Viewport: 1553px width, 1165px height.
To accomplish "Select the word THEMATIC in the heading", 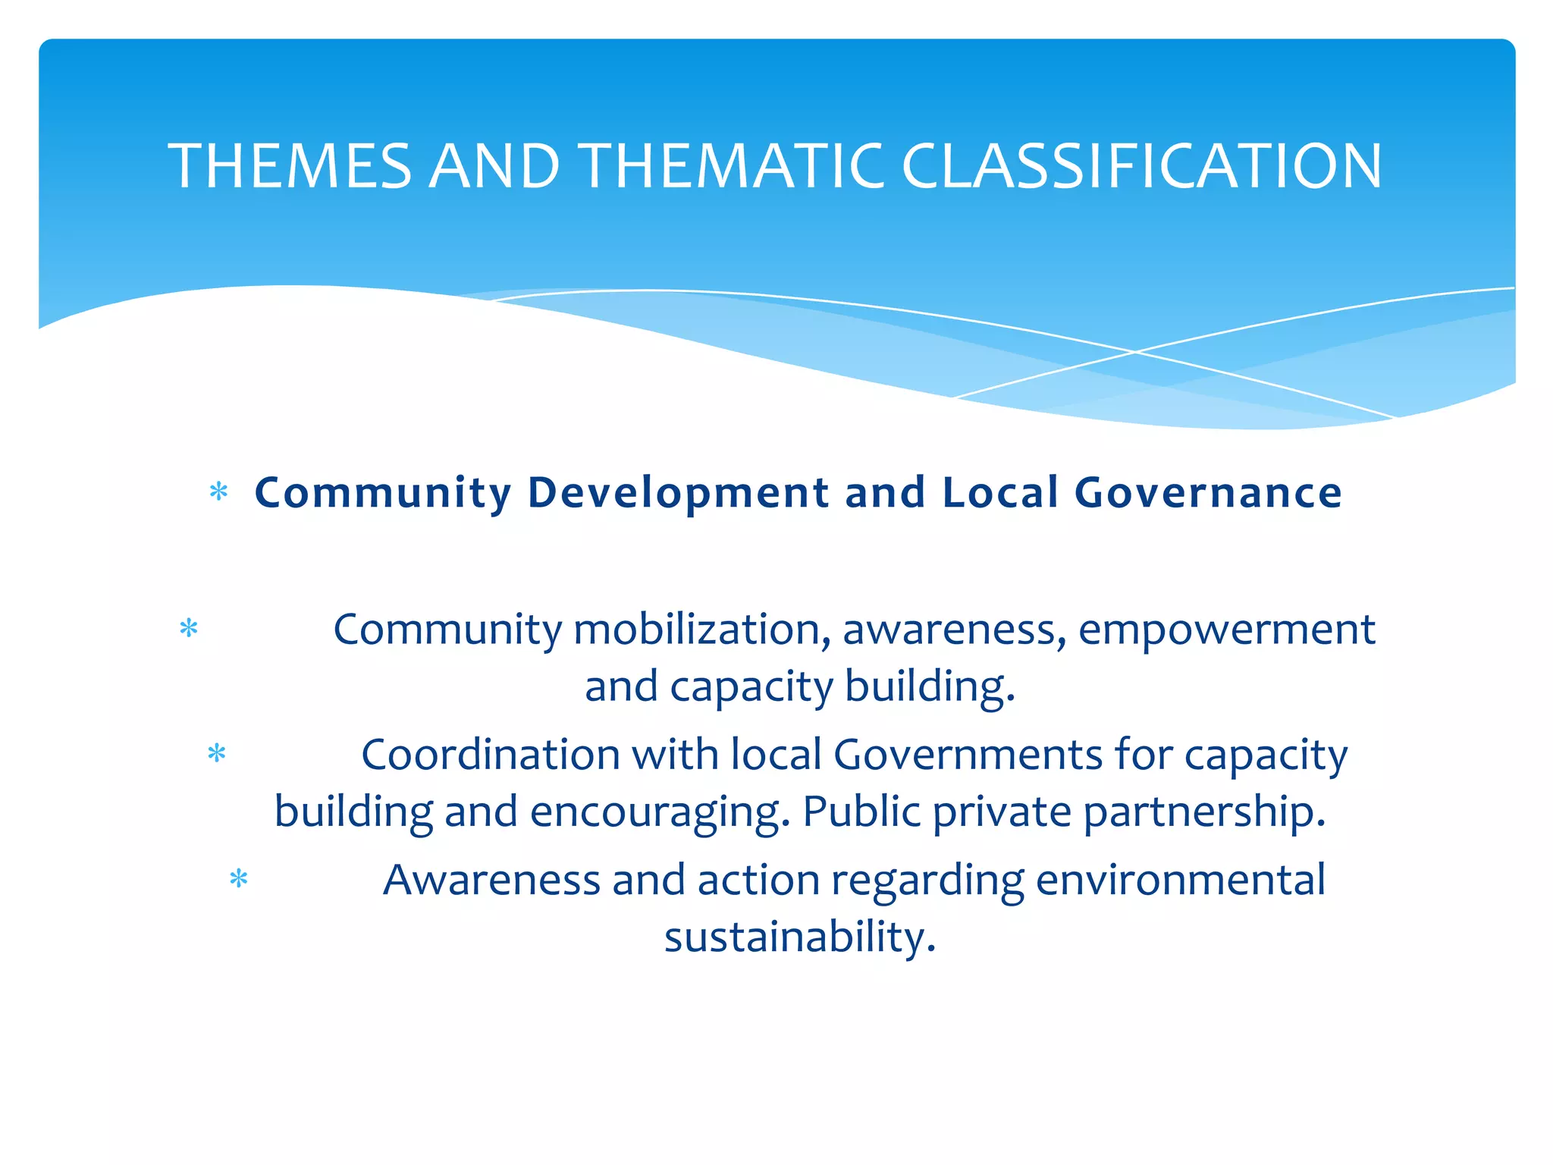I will click(x=733, y=166).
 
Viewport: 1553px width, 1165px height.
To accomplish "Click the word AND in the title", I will click(x=495, y=166).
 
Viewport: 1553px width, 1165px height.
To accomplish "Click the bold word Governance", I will click(x=1208, y=493).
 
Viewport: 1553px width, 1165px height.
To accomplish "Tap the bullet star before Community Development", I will click(x=218, y=492).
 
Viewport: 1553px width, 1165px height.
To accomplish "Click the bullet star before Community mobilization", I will click(x=189, y=629).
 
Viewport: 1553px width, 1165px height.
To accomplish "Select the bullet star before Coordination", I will click(x=217, y=754).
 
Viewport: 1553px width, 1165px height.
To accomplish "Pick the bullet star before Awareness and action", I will click(x=239, y=879).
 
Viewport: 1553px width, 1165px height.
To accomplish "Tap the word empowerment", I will click(x=1226, y=630).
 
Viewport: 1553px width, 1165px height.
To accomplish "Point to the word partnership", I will click(x=1204, y=812).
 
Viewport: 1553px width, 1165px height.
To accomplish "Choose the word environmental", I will click(x=1180, y=881).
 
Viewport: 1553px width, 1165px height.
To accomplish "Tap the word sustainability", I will click(x=800, y=937).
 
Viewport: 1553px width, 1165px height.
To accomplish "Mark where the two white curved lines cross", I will click(x=1135, y=352).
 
